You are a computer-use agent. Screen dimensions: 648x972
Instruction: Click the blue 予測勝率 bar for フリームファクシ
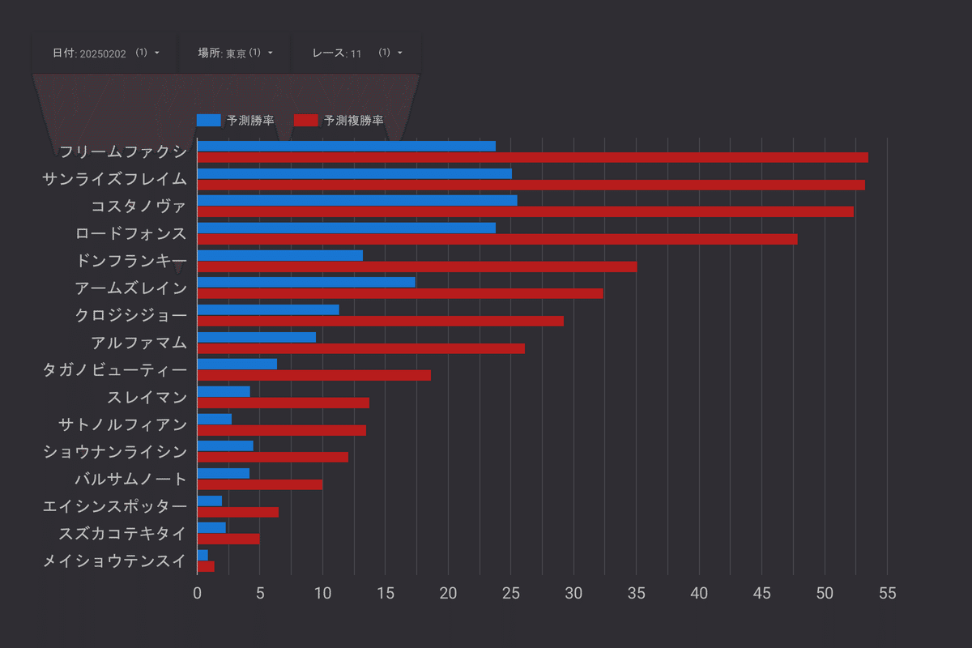click(x=346, y=146)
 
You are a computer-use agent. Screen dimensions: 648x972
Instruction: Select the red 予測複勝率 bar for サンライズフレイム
click(x=531, y=185)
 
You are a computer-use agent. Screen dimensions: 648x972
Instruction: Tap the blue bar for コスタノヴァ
click(x=356, y=200)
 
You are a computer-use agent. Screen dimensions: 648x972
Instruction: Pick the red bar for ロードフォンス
click(x=497, y=239)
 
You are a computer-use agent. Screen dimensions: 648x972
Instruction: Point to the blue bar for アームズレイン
click(x=306, y=282)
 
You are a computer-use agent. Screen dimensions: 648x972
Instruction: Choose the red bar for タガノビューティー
click(x=313, y=375)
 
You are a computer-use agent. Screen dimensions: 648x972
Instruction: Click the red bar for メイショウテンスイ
click(x=206, y=566)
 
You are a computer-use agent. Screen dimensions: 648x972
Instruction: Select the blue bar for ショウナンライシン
click(x=225, y=446)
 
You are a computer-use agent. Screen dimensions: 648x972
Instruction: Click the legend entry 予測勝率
click(x=235, y=120)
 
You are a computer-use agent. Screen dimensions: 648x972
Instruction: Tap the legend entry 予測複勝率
click(x=339, y=120)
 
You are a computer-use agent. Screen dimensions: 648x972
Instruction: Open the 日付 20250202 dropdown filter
click(x=105, y=53)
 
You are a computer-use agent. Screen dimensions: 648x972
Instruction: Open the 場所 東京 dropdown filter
click(x=235, y=53)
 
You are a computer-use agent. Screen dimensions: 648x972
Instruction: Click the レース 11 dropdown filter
click(x=356, y=53)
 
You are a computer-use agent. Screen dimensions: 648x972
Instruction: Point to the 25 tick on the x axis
click(x=511, y=593)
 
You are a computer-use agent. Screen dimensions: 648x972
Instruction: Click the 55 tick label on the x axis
click(x=887, y=593)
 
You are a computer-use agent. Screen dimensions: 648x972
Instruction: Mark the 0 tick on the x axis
click(x=197, y=593)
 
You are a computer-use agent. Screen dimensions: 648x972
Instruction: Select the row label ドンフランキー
click(x=130, y=260)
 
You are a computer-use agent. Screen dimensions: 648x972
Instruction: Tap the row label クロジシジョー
click(x=130, y=315)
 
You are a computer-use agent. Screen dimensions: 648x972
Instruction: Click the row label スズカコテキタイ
click(x=122, y=533)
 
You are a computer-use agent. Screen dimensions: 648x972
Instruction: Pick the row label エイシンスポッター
click(x=114, y=506)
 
